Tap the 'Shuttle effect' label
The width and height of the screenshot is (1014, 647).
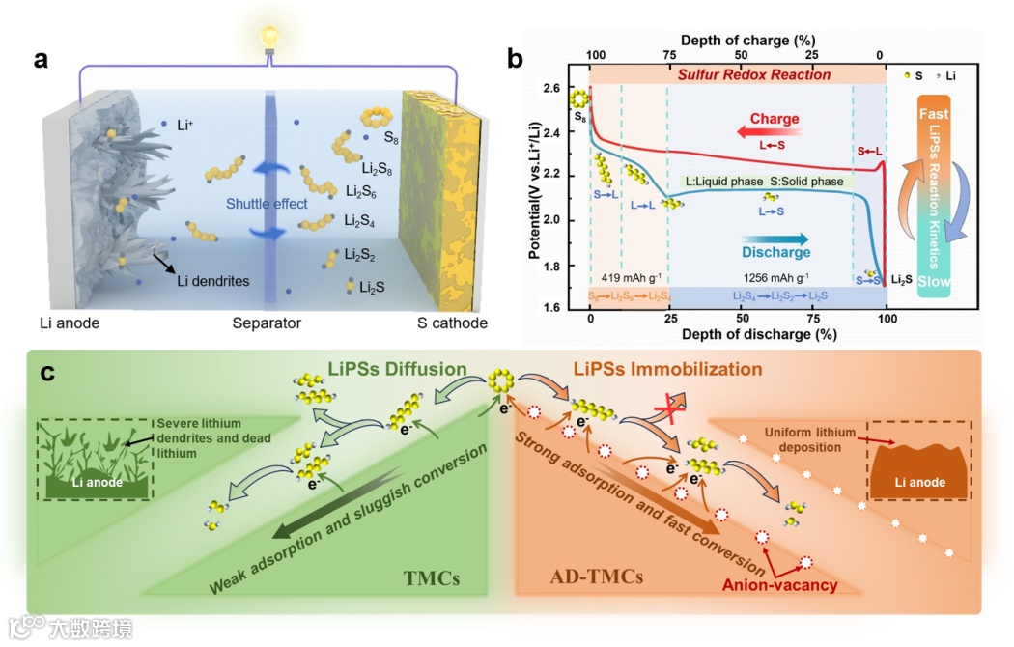tap(267, 204)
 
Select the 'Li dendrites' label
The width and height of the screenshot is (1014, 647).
tap(213, 281)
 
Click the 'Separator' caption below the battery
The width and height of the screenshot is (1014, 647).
tap(267, 323)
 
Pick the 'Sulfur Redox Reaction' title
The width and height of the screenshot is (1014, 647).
tap(740, 75)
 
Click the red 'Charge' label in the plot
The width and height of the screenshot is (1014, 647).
tap(775, 119)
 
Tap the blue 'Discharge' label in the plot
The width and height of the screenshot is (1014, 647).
tap(776, 253)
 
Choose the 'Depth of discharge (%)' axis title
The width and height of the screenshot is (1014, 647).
tap(739, 334)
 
